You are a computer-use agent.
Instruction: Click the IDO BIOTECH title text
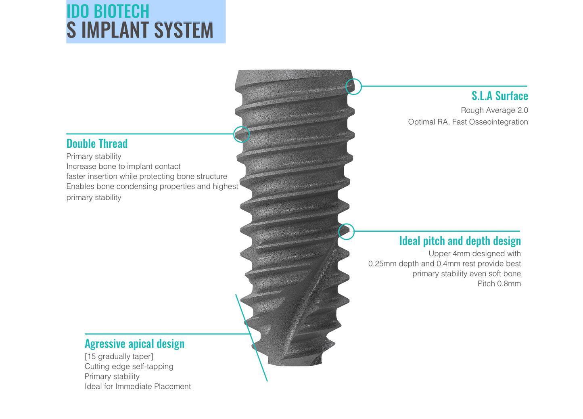pyautogui.click(x=108, y=11)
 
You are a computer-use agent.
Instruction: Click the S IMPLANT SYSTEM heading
pyautogui.click(x=140, y=31)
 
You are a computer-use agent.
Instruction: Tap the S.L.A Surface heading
pyautogui.click(x=499, y=96)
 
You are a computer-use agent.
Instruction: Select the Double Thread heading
pyautogui.click(x=97, y=144)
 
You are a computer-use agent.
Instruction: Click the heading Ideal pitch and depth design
pyautogui.click(x=460, y=241)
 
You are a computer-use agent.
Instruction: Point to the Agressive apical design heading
pyautogui.click(x=134, y=344)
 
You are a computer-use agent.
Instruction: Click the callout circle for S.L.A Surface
pyautogui.click(x=353, y=86)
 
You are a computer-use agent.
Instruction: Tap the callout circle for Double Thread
pyautogui.click(x=241, y=134)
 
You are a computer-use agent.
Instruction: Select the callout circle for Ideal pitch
pyautogui.click(x=346, y=232)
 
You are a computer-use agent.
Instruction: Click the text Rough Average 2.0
pyautogui.click(x=494, y=110)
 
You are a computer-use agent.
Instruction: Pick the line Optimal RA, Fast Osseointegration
pyautogui.click(x=468, y=122)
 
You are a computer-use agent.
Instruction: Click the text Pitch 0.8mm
pyautogui.click(x=499, y=284)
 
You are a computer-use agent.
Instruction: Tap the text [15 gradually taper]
pyautogui.click(x=119, y=356)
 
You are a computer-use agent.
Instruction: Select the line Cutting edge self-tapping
pyautogui.click(x=129, y=367)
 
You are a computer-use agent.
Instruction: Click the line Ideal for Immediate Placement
pyautogui.click(x=138, y=386)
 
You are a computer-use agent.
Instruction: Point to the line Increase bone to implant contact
pyautogui.click(x=123, y=166)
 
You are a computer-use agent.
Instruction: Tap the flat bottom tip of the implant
pyautogui.click(x=295, y=362)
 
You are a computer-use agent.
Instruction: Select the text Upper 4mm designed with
pyautogui.click(x=474, y=253)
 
